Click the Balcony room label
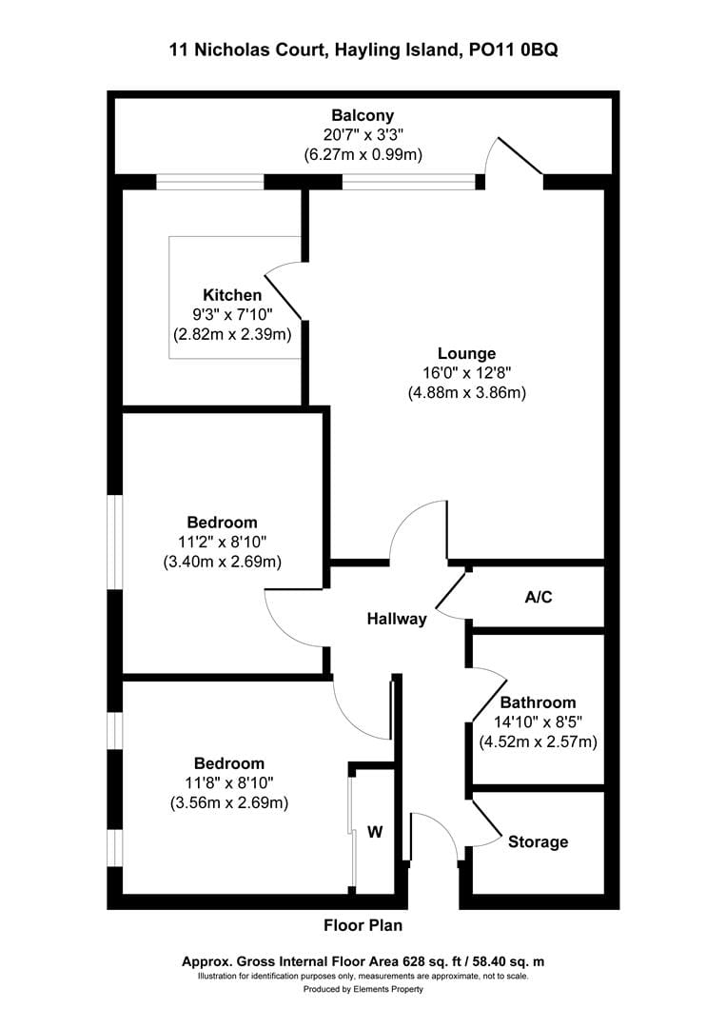(x=362, y=116)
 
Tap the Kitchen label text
(x=231, y=295)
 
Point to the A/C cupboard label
(x=538, y=598)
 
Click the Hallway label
(x=397, y=620)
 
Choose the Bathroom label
(x=538, y=702)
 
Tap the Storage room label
(x=538, y=841)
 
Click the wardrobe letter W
(x=375, y=832)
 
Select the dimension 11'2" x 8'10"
(x=222, y=542)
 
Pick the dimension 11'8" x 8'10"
(x=228, y=782)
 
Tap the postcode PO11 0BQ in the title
(x=513, y=50)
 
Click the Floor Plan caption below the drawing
(x=363, y=924)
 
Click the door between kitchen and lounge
(x=284, y=291)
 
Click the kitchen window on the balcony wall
(x=209, y=181)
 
